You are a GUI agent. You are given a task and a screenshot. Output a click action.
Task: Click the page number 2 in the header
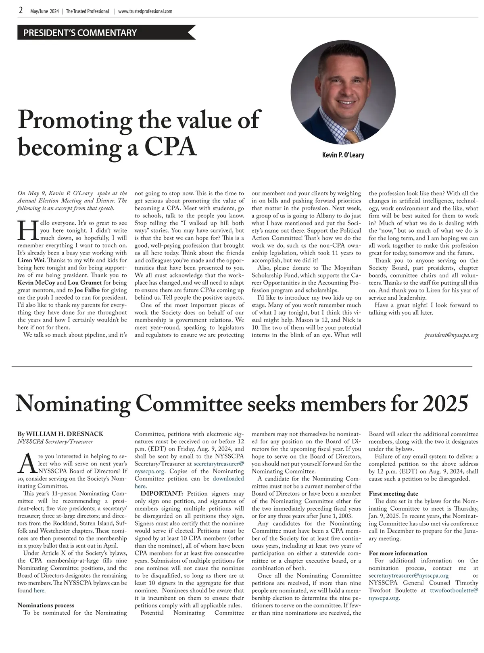point(21,11)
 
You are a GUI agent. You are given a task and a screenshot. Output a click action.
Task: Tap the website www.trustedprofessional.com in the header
point(145,11)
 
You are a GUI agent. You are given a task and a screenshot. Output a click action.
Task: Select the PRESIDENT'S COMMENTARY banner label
point(80,33)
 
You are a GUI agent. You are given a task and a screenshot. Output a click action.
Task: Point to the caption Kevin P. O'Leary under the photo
point(343,155)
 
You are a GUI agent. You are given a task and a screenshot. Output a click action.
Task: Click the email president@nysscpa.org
point(451,335)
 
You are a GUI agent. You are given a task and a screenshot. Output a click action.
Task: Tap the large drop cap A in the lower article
point(25,463)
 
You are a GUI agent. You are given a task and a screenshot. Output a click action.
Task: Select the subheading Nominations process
point(46,605)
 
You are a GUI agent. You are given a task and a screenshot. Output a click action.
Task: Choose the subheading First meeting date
point(393,494)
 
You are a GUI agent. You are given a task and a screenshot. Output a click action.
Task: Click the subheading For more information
point(398,553)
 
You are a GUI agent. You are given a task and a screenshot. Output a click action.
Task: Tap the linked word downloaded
point(228,479)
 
